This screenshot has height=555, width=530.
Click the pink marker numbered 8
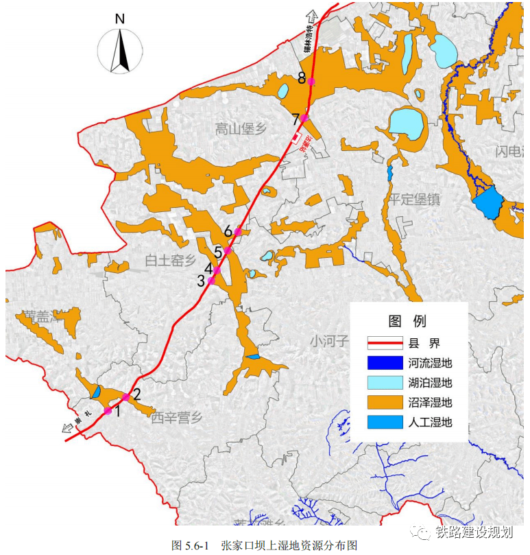pyautogui.click(x=312, y=81)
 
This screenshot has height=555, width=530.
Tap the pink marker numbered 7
pyautogui.click(x=304, y=117)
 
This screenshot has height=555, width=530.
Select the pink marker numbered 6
pyautogui.click(x=237, y=233)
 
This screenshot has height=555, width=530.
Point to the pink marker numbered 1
pyautogui.click(x=108, y=411)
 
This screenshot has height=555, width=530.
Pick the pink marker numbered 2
pyautogui.click(x=126, y=398)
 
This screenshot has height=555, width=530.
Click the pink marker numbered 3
pyautogui.click(x=211, y=281)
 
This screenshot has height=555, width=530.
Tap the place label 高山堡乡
pyautogui.click(x=240, y=129)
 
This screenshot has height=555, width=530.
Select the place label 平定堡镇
pyautogui.click(x=414, y=200)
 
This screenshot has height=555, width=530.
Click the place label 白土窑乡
pyautogui.click(x=171, y=260)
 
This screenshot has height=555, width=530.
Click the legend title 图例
pyautogui.click(x=407, y=321)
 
